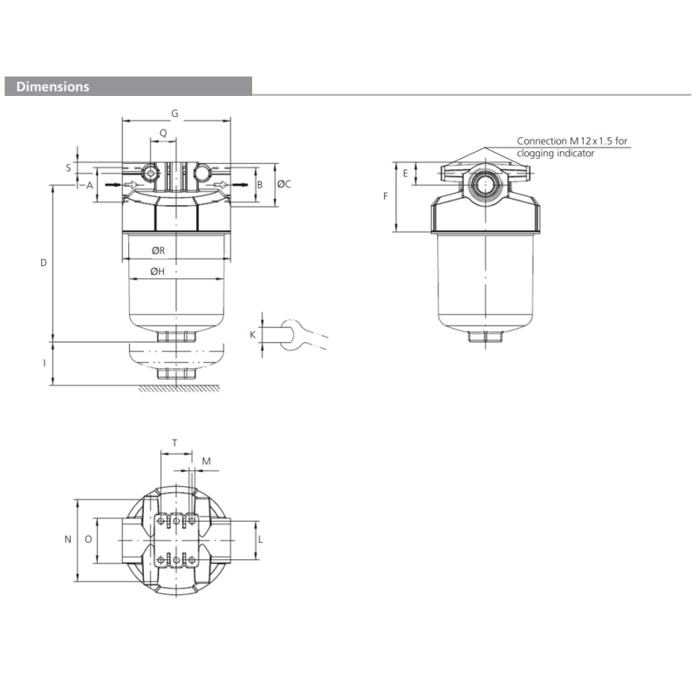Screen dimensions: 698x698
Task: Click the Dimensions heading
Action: click(52, 87)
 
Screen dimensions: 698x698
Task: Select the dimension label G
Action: click(174, 113)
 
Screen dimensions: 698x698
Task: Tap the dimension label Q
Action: click(162, 133)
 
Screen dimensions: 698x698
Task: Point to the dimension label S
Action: click(68, 166)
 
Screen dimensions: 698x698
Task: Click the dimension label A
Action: click(89, 185)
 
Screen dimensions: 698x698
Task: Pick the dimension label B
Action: click(259, 185)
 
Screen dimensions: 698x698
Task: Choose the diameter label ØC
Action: click(284, 184)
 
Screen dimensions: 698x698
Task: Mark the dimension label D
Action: click(44, 263)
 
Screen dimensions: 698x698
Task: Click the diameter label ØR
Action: click(158, 250)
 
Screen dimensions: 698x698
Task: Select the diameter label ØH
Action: click(158, 272)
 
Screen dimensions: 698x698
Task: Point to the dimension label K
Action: click(253, 334)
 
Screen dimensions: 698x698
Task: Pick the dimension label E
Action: click(405, 174)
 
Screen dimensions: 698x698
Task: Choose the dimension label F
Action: click(386, 196)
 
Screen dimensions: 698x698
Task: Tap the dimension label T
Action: click(174, 443)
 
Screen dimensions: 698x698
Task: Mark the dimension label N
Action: click(67, 539)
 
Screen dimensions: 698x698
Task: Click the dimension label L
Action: click(261, 539)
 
